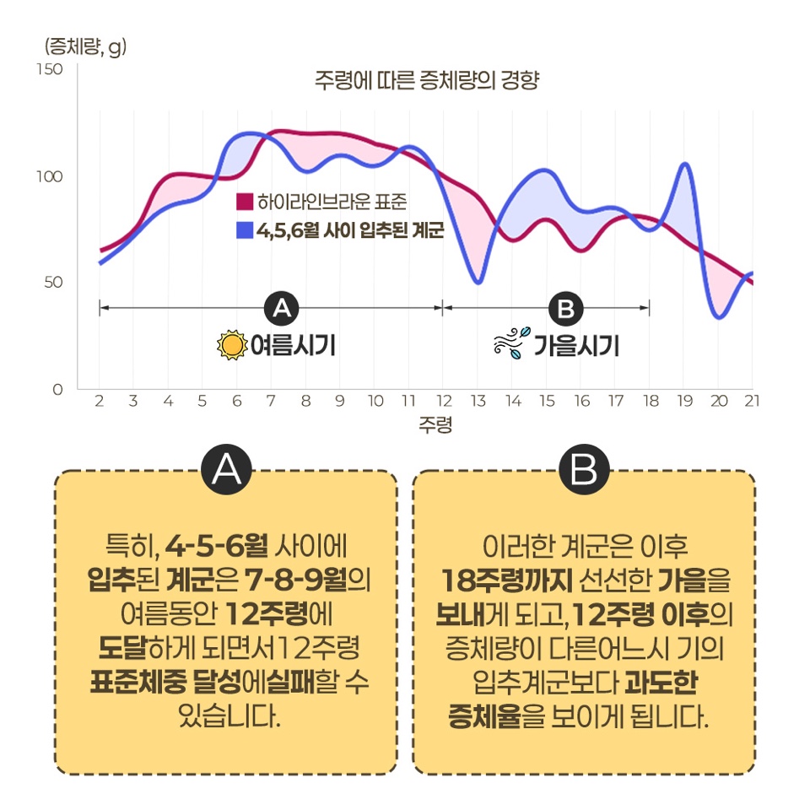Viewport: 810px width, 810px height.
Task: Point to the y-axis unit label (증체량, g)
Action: pyautogui.click(x=81, y=46)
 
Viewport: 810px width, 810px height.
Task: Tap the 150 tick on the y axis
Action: pyautogui.click(x=52, y=68)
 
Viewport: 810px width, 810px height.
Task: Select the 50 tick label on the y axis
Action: pyautogui.click(x=54, y=282)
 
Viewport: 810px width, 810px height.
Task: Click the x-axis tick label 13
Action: pyautogui.click(x=478, y=401)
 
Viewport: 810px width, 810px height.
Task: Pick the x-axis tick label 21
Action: pyautogui.click(x=751, y=401)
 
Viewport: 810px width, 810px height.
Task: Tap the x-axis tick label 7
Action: pyautogui.click(x=271, y=401)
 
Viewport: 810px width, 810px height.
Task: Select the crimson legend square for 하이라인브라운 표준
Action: pyautogui.click(x=245, y=202)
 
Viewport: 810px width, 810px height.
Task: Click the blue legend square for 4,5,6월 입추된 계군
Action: pyautogui.click(x=245, y=229)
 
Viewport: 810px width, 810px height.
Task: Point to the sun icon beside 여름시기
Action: pyautogui.click(x=229, y=346)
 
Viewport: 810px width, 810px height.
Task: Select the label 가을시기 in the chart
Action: pyautogui.click(x=576, y=346)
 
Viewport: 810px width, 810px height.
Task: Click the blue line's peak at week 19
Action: pyautogui.click(x=685, y=164)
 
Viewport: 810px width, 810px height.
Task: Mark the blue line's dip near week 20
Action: pyautogui.click(x=719, y=317)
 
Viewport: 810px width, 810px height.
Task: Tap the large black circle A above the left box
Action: pyautogui.click(x=226, y=470)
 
